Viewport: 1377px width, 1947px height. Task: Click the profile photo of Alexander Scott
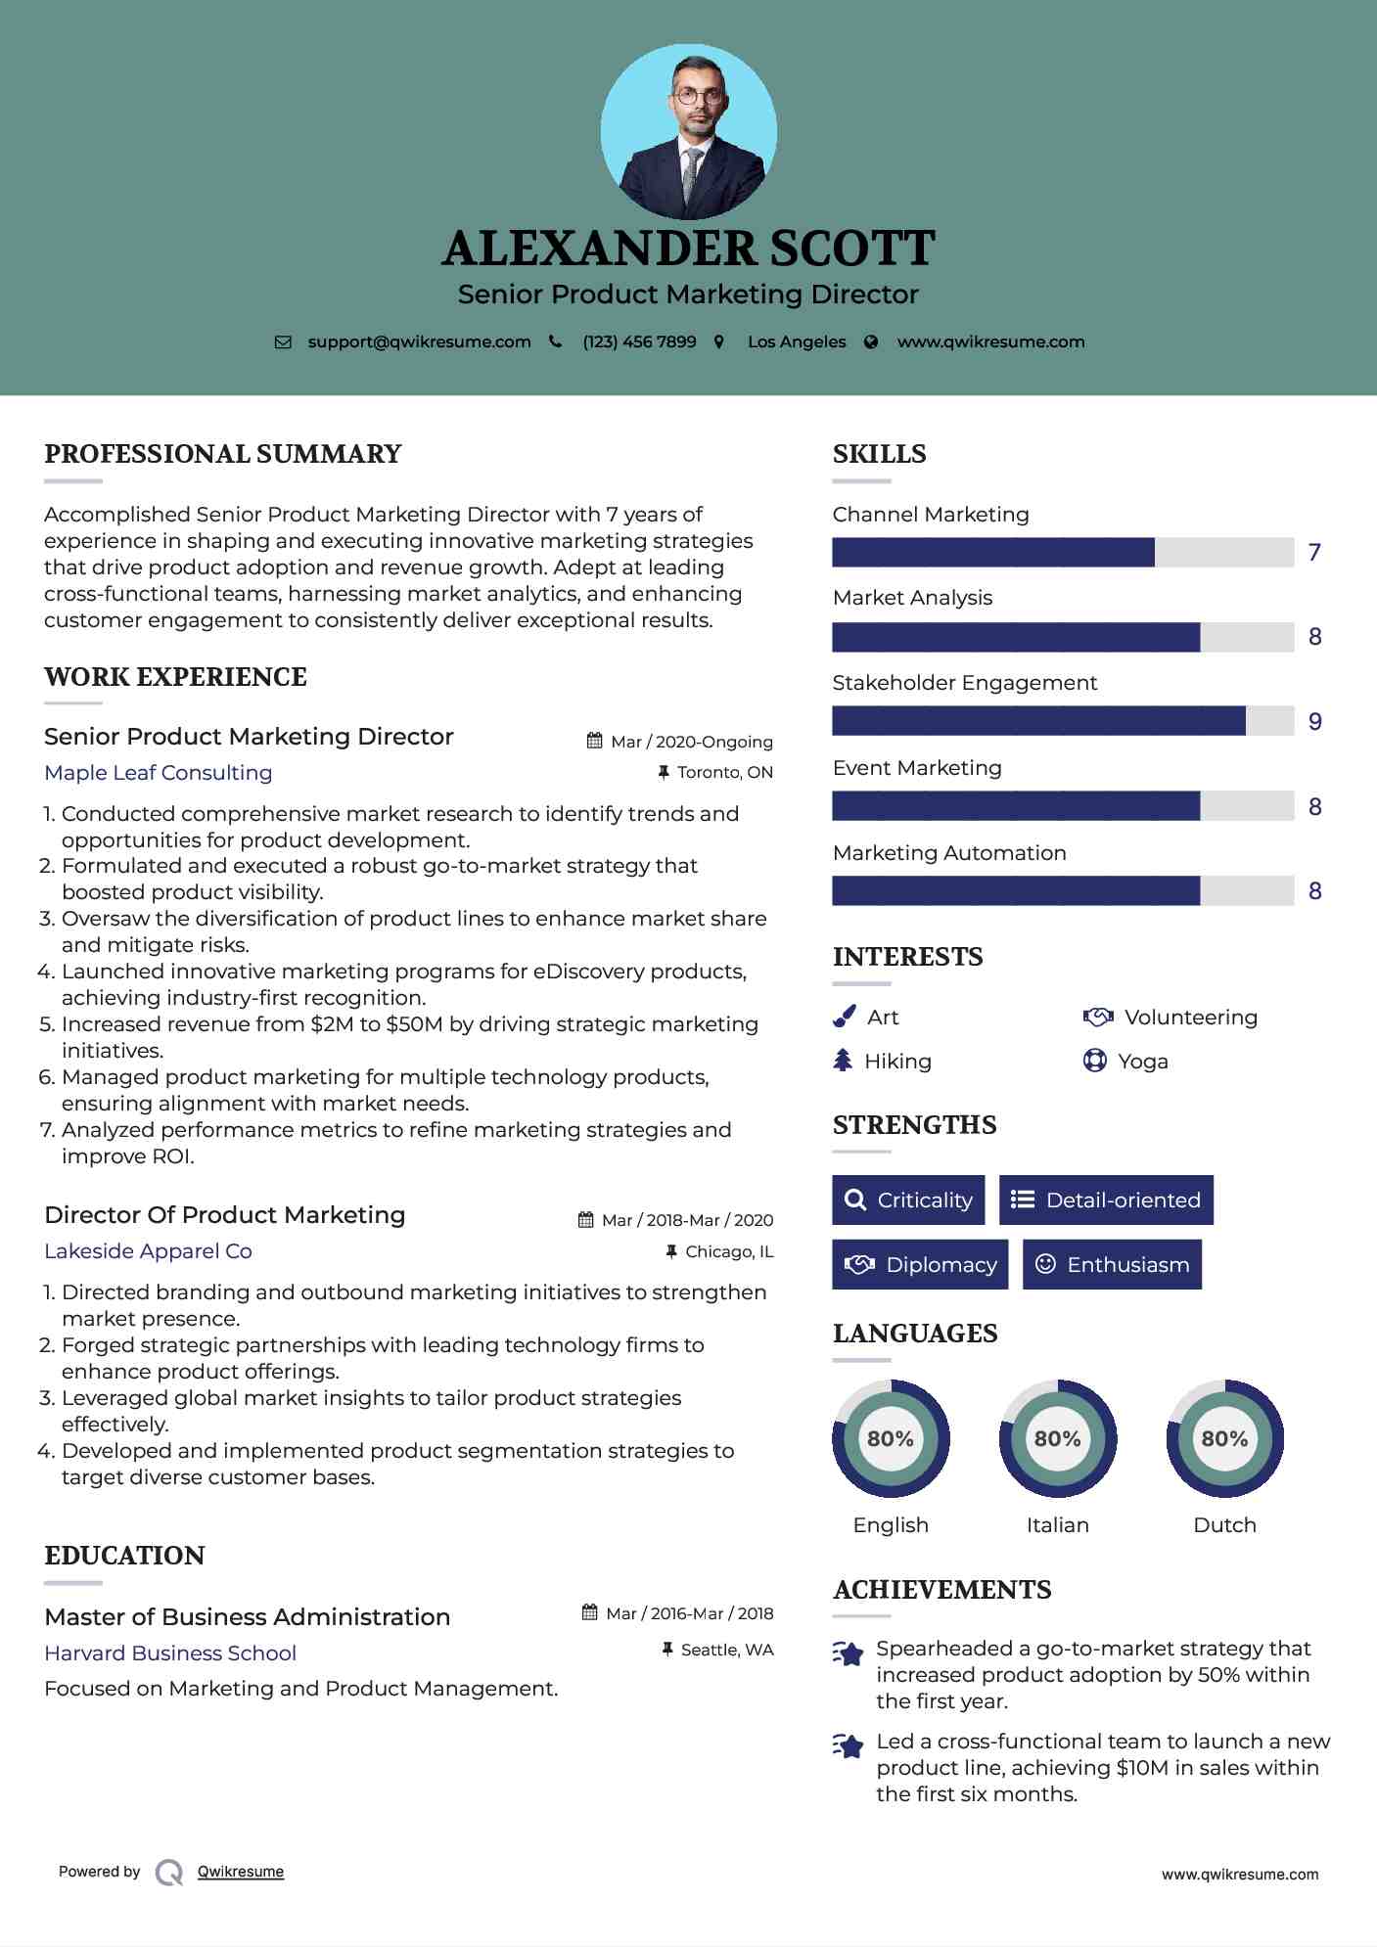(x=688, y=131)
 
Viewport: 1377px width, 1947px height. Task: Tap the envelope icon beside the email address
(x=283, y=342)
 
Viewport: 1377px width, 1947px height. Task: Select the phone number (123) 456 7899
(x=639, y=342)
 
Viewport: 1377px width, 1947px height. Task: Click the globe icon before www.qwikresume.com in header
(x=871, y=342)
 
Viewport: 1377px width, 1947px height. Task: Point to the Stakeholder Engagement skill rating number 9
(x=1314, y=722)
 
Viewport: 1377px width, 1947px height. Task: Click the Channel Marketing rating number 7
(x=1314, y=553)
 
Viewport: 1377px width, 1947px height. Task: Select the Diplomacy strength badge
(x=920, y=1265)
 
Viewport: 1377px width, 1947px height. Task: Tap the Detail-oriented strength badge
(x=1106, y=1200)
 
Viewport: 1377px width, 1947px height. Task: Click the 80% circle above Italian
(x=1057, y=1438)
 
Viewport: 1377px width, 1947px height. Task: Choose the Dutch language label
(x=1224, y=1525)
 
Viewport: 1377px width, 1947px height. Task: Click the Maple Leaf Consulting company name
(x=159, y=773)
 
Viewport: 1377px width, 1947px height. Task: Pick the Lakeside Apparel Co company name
(x=148, y=1251)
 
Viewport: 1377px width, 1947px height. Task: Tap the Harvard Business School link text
(x=170, y=1653)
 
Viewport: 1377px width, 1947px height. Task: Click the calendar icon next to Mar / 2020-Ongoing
(x=594, y=741)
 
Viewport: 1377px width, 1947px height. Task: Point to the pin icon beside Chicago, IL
(x=671, y=1251)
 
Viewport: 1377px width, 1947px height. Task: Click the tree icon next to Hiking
(x=843, y=1061)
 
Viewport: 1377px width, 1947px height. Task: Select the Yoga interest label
(x=1143, y=1062)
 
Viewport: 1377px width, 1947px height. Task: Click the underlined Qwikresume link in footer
(x=241, y=1872)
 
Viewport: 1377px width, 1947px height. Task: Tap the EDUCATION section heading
(x=124, y=1556)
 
